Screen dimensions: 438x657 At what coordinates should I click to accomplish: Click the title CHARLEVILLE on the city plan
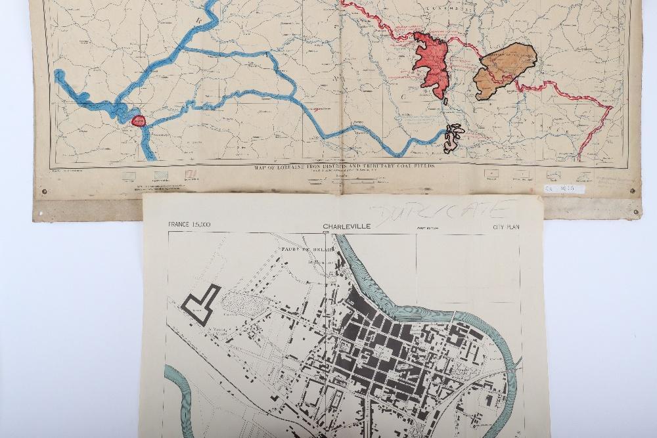point(346,227)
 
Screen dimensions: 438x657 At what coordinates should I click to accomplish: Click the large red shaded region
point(432,64)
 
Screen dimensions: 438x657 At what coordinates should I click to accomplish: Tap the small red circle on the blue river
point(139,120)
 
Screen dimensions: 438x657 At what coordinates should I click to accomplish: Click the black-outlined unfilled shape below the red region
point(453,138)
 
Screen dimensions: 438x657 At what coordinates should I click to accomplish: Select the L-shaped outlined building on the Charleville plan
point(202,303)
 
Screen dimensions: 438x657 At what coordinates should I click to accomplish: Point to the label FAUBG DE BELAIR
point(304,250)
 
